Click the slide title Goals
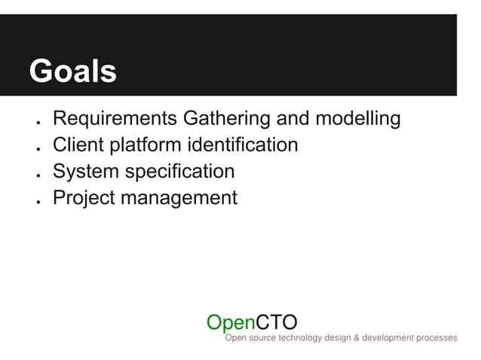click(x=72, y=72)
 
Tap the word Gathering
click(x=223, y=119)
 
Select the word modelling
click(x=359, y=119)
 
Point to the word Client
click(x=78, y=145)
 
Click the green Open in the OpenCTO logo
click(x=231, y=322)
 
